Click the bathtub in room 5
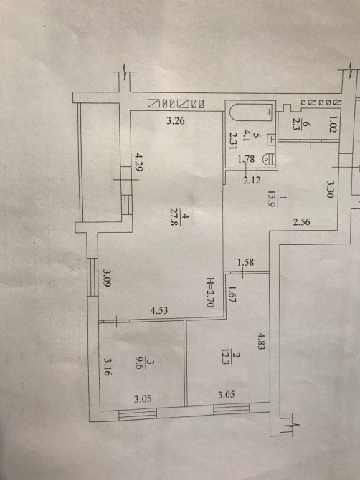pyautogui.click(x=250, y=113)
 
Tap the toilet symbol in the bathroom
pyautogui.click(x=270, y=159)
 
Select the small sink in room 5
pyautogui.click(x=272, y=139)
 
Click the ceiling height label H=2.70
pyautogui.click(x=210, y=292)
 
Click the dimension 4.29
pyautogui.click(x=137, y=162)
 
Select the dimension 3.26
pyautogui.click(x=176, y=121)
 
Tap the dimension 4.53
pyautogui.click(x=159, y=311)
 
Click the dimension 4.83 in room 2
pyautogui.click(x=260, y=341)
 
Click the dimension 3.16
pyautogui.click(x=107, y=367)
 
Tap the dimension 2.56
pyautogui.click(x=301, y=222)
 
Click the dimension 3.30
pyautogui.click(x=329, y=189)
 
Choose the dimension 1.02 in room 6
pyautogui.click(x=332, y=124)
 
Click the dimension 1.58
pyautogui.click(x=246, y=262)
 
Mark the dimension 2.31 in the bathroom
pyautogui.click(x=234, y=140)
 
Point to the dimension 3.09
pyautogui.click(x=107, y=277)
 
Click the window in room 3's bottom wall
pyautogui.click(x=138, y=414)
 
